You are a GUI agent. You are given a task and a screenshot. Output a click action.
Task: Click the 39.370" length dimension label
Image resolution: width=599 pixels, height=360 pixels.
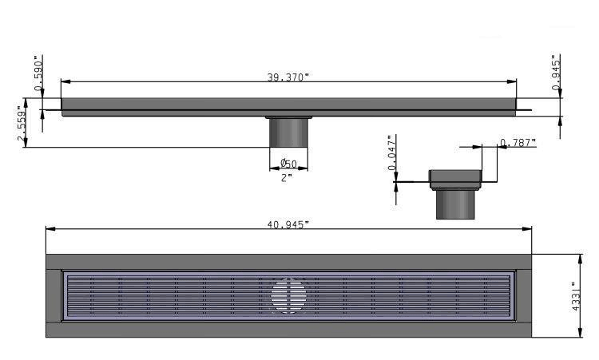click(288, 77)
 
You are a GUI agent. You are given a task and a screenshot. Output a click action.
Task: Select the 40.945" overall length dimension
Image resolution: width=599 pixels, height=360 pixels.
click(288, 224)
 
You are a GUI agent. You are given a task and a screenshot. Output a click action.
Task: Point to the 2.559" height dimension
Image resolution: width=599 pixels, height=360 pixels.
click(23, 125)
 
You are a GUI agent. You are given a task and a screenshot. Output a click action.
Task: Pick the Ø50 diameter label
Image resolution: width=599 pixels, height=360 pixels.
click(288, 164)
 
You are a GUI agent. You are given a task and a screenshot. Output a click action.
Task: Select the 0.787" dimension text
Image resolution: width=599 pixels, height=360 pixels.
click(518, 143)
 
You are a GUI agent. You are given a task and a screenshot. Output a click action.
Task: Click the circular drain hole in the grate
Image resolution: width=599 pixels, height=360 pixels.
click(288, 295)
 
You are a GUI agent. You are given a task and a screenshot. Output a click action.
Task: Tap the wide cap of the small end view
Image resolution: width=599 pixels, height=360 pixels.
click(456, 178)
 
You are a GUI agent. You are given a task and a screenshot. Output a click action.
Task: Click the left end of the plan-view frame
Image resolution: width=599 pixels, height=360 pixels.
click(54, 295)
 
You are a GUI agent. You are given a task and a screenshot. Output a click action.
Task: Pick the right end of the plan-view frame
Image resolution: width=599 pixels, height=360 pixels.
click(524, 295)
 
